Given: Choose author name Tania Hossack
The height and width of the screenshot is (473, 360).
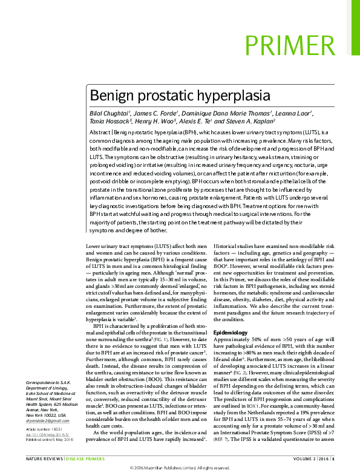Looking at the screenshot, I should [x=110, y=122].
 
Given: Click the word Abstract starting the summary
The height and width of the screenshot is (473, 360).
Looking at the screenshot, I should [x=100, y=132].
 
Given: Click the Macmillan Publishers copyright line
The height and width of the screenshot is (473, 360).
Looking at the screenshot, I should [x=180, y=468].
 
